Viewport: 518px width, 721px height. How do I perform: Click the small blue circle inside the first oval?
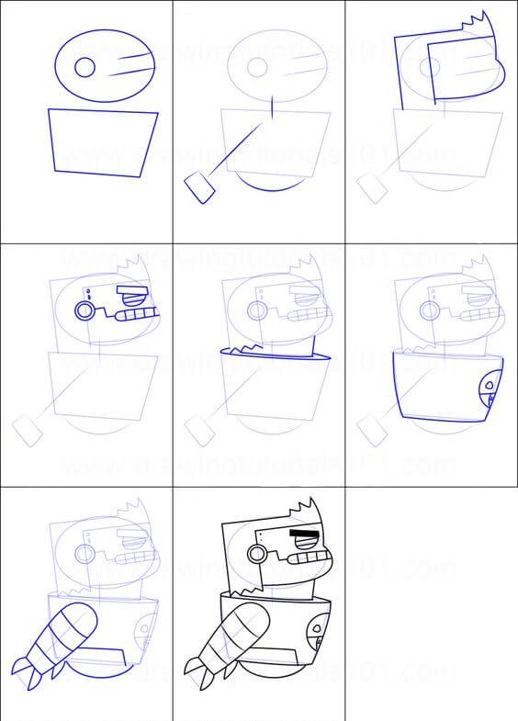click(x=84, y=67)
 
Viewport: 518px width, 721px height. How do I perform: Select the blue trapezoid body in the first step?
click(x=102, y=141)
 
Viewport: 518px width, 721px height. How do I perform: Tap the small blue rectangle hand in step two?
click(x=200, y=187)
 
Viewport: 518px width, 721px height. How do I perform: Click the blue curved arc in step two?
click(x=267, y=186)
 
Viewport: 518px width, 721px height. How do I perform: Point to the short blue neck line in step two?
click(x=273, y=107)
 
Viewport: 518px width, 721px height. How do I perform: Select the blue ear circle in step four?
click(x=84, y=310)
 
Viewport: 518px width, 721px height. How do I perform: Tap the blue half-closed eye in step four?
click(x=134, y=297)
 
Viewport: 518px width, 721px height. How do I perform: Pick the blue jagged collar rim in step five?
click(x=271, y=353)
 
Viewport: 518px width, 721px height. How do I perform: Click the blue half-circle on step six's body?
click(x=493, y=391)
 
